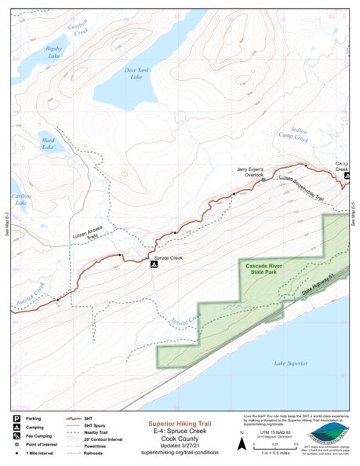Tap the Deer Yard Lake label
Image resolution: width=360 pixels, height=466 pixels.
click(138, 74)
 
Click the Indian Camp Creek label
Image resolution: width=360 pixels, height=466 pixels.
click(295, 131)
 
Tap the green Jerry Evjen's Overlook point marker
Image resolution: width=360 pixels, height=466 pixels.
click(263, 180)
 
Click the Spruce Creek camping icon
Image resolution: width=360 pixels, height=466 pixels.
click(155, 264)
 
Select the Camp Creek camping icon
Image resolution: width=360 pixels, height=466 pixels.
click(347, 176)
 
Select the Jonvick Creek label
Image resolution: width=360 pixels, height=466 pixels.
click(28, 287)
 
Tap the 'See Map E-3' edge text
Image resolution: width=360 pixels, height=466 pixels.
click(5, 224)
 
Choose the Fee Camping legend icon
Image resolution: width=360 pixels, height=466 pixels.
click(16, 436)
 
